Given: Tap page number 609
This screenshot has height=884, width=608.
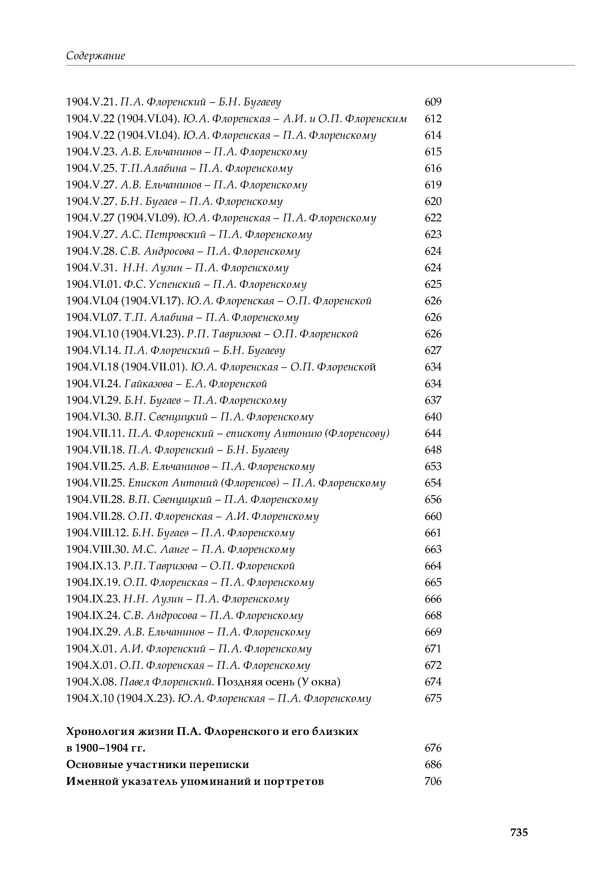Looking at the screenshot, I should point(433,102).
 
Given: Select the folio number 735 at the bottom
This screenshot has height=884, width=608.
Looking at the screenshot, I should point(519,832).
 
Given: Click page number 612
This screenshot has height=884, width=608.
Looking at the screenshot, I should point(433,119).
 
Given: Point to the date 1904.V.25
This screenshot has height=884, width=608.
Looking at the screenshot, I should point(91,168).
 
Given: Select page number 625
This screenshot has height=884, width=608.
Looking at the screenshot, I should point(433,284).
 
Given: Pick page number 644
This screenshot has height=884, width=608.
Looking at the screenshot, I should point(433,434).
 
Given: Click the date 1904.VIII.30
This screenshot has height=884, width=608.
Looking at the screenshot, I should point(98,549).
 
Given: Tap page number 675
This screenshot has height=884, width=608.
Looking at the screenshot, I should point(433,698).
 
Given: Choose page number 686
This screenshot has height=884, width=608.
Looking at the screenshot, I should point(433,765).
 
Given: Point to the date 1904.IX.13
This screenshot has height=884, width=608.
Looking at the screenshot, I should point(94,566).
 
